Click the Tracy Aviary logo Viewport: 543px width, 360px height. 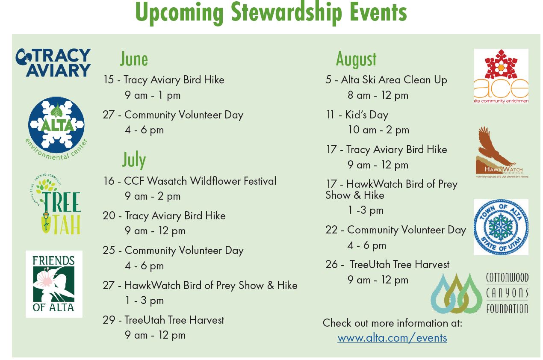53,62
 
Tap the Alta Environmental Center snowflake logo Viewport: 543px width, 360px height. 56,125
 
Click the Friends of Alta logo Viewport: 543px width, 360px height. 54,284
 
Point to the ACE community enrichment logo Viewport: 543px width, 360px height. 501,76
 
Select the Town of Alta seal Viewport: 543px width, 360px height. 501,227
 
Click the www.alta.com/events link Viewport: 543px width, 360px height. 392,338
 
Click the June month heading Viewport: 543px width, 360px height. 134,59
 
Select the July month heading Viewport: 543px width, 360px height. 134,159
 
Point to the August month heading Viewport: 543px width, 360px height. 356,59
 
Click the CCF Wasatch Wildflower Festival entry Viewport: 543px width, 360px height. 189,181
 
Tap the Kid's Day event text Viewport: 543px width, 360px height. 357,115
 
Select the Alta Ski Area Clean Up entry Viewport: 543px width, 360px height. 386,80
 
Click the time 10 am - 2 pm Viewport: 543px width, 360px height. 378,130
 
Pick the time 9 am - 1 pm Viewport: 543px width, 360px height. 153,95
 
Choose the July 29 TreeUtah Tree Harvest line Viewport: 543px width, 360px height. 163,320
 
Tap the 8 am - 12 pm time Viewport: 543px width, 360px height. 378,95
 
